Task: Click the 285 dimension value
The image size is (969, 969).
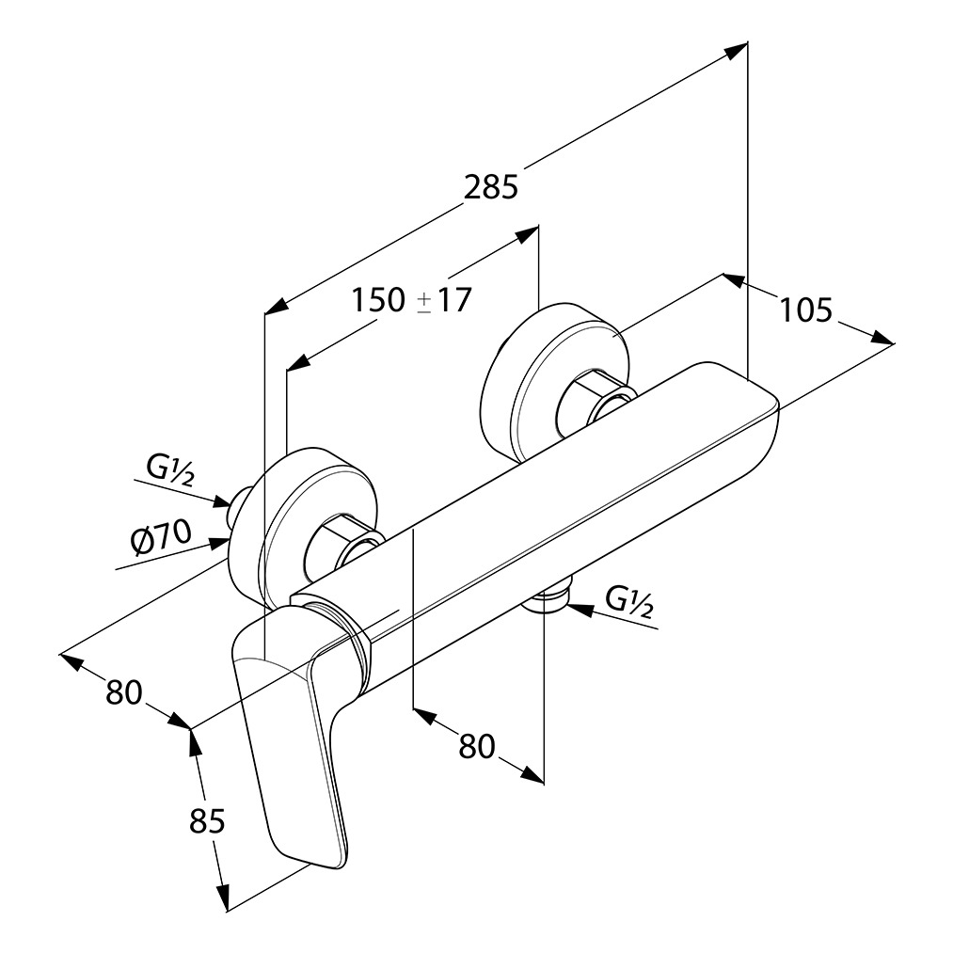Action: click(491, 187)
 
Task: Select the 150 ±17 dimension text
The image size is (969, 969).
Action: click(411, 300)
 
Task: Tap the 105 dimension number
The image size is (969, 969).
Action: click(806, 310)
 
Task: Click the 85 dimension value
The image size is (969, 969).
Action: click(207, 821)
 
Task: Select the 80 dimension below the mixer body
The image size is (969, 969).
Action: click(477, 746)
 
